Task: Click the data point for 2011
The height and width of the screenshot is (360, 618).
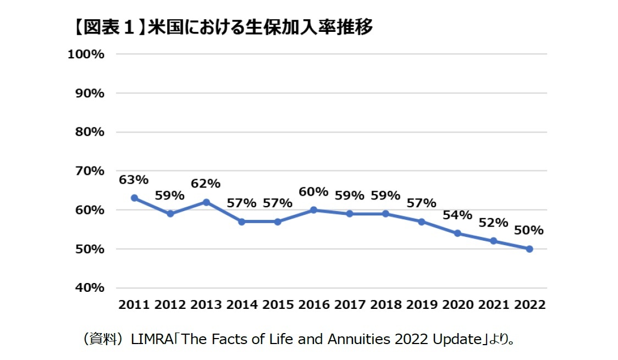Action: [x=134, y=198]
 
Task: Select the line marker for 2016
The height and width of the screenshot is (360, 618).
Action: [x=313, y=209]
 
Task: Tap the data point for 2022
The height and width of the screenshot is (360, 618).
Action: [x=529, y=249]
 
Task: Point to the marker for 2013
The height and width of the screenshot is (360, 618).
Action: [x=206, y=202]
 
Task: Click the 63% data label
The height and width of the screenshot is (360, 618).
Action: [x=134, y=180]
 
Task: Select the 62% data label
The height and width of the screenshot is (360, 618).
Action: [x=206, y=183]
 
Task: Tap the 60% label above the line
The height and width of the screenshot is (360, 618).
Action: [x=313, y=192]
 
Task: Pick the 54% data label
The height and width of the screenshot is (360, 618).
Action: [x=457, y=215]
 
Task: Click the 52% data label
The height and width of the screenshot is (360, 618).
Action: [x=493, y=223]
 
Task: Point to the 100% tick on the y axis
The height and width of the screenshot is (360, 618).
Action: [x=86, y=54]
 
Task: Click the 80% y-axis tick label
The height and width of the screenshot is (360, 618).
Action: [x=88, y=132]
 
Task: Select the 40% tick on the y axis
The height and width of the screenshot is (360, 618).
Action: [x=88, y=288]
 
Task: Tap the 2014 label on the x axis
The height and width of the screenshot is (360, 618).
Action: [x=242, y=305]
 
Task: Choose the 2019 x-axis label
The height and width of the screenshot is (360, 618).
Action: [x=422, y=305]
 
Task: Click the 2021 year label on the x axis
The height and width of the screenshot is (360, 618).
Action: [x=494, y=305]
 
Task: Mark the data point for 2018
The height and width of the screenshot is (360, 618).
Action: [x=385, y=213]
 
